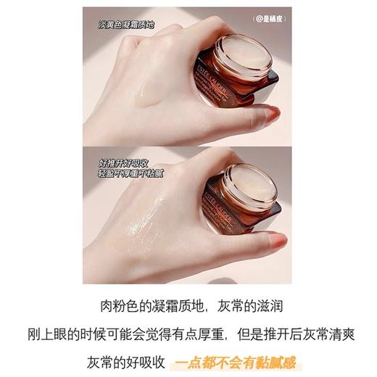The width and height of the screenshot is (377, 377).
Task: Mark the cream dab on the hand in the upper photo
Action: (154, 91)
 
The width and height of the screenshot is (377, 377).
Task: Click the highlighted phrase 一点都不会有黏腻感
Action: (237, 361)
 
